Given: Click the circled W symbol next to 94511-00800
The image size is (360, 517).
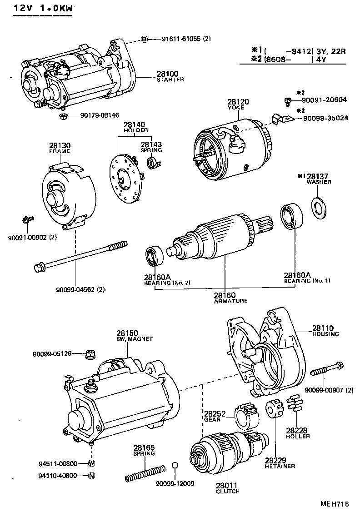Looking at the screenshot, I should tap(91, 463).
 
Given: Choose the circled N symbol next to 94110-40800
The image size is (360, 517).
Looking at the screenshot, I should tap(91, 476).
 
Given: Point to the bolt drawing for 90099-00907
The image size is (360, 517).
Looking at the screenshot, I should tap(327, 369).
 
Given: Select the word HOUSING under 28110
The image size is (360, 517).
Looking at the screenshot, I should tap(325, 334).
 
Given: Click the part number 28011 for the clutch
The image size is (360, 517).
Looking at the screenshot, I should tap(228, 486).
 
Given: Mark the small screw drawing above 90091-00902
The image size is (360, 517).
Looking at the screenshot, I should tap(27, 220).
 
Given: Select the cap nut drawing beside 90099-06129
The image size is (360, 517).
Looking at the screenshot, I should tap(90, 353).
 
